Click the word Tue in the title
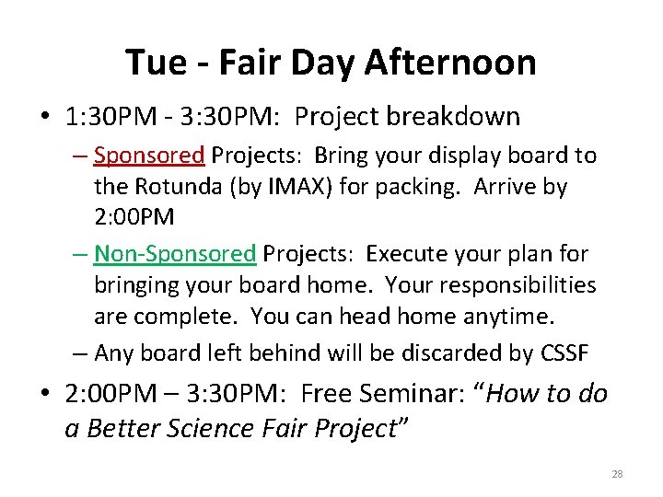153,63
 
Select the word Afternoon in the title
450,63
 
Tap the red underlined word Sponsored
148,156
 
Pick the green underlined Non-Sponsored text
174,253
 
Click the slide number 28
617,474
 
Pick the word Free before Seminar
327,394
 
